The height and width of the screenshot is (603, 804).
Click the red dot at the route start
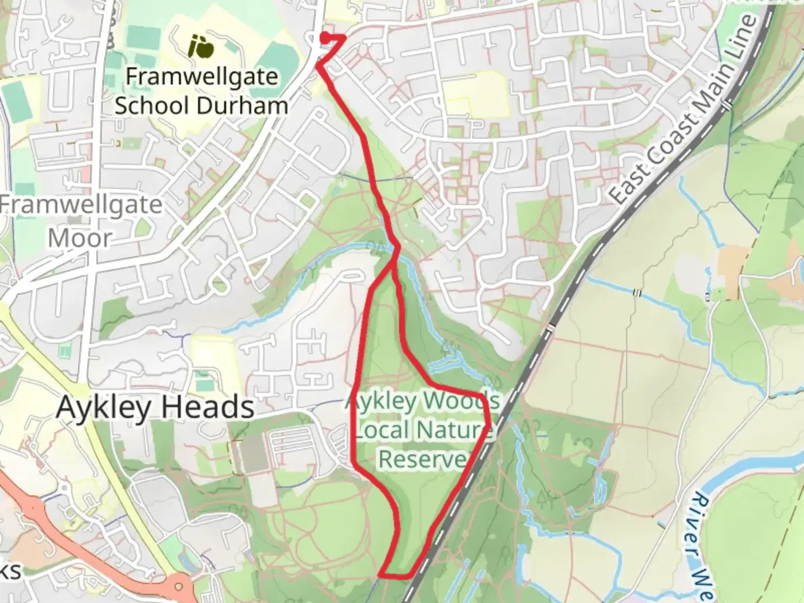pyautogui.click(x=324, y=37)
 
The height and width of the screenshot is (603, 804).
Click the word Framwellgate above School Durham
pyautogui.click(x=202, y=76)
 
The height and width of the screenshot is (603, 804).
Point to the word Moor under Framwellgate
pyautogui.click(x=80, y=238)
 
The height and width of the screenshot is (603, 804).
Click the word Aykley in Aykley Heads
pyautogui.click(x=104, y=408)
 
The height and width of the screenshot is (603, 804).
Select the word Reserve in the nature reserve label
pyautogui.click(x=423, y=459)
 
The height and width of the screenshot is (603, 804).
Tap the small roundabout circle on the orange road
pyautogui.click(x=179, y=587)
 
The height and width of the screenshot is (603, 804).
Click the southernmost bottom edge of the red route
pyautogui.click(x=396, y=575)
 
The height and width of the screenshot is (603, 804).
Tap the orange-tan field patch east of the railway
pyautogui.click(x=731, y=262)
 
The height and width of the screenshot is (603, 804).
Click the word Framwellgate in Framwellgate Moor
pyautogui.click(x=81, y=205)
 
